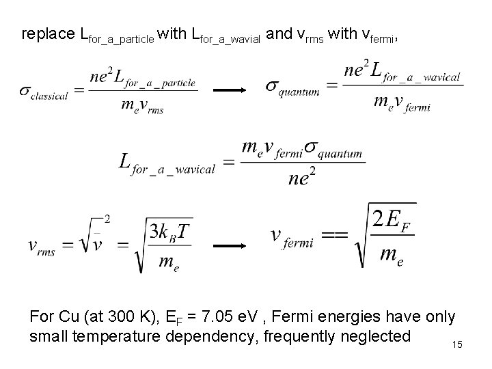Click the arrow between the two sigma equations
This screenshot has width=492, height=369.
[x=232, y=89]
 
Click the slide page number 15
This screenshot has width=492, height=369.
[x=457, y=344]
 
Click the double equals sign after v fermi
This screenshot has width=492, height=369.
[x=334, y=235]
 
